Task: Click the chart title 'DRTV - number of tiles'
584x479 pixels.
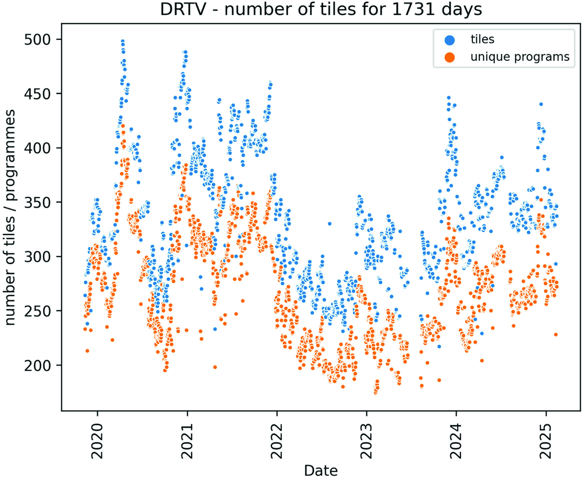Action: (x=320, y=10)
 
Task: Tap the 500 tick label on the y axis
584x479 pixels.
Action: (x=38, y=40)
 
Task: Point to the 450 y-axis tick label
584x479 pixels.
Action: (x=38, y=94)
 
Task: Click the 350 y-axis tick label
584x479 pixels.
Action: (x=38, y=203)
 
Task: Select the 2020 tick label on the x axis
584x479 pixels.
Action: (x=97, y=441)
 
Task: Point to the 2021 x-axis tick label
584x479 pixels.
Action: (x=187, y=441)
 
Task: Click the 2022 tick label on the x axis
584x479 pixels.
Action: (x=276, y=441)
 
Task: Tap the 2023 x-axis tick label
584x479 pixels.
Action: (x=366, y=441)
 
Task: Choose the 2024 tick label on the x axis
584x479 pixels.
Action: (x=456, y=441)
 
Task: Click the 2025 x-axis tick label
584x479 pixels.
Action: (x=546, y=441)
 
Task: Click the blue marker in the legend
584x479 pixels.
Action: (x=449, y=40)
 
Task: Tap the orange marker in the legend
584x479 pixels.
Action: (x=449, y=57)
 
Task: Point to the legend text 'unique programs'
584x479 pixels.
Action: (x=520, y=57)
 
